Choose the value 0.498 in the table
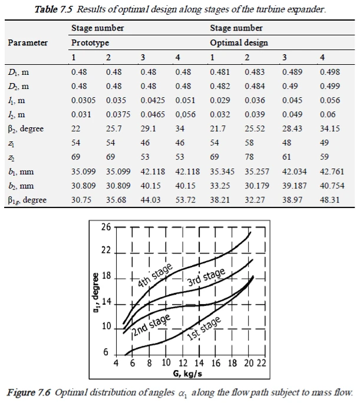(329, 71)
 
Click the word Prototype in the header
(90, 43)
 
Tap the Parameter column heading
(28, 43)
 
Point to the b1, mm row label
(20, 171)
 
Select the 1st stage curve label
(204, 329)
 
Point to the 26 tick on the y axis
(106, 227)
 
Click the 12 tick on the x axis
(183, 362)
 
